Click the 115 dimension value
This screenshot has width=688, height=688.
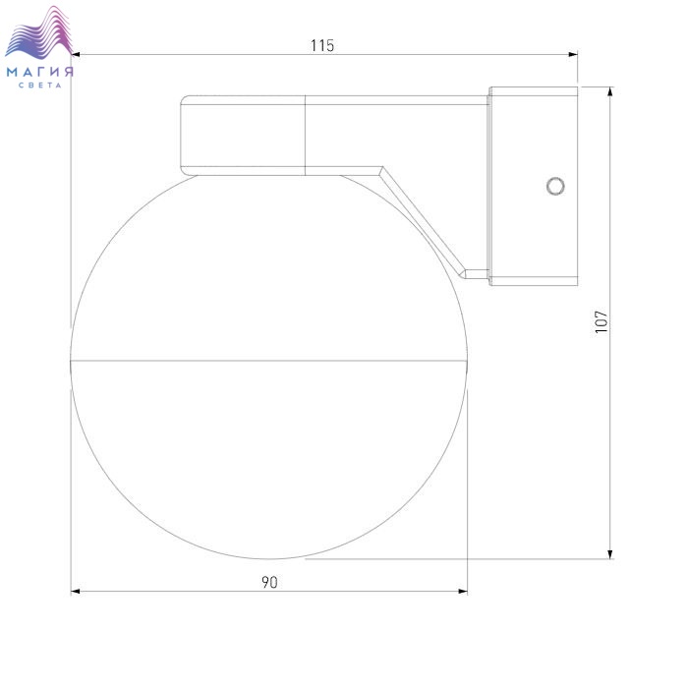(322, 45)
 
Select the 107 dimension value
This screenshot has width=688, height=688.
(602, 321)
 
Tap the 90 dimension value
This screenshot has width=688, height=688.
(270, 582)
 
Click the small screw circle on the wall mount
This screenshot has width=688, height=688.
(555, 186)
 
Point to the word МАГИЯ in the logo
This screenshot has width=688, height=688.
(39, 72)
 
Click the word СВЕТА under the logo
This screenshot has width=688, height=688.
(40, 86)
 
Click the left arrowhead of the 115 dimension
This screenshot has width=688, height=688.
(76, 54)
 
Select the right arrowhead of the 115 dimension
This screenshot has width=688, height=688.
(573, 54)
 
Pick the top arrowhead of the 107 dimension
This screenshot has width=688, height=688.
(609, 91)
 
